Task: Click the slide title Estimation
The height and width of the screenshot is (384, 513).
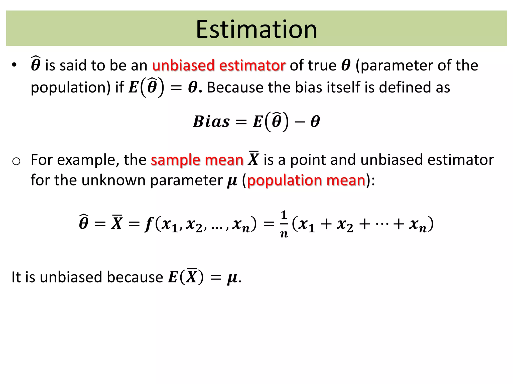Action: tap(256, 29)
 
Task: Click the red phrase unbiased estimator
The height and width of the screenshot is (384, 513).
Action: tap(219, 65)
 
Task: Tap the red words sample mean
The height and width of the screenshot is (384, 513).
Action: tap(197, 160)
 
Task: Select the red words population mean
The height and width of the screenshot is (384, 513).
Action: tap(306, 180)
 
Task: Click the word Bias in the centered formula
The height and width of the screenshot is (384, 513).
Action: tap(211, 122)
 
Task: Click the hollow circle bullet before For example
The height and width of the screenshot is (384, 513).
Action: tap(16, 161)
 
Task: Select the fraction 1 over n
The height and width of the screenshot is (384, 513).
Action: tap(284, 224)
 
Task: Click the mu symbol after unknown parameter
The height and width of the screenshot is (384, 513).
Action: tap(232, 181)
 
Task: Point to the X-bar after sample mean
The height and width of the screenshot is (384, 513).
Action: tap(253, 159)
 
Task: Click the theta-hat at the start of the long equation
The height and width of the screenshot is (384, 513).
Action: tap(84, 222)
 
